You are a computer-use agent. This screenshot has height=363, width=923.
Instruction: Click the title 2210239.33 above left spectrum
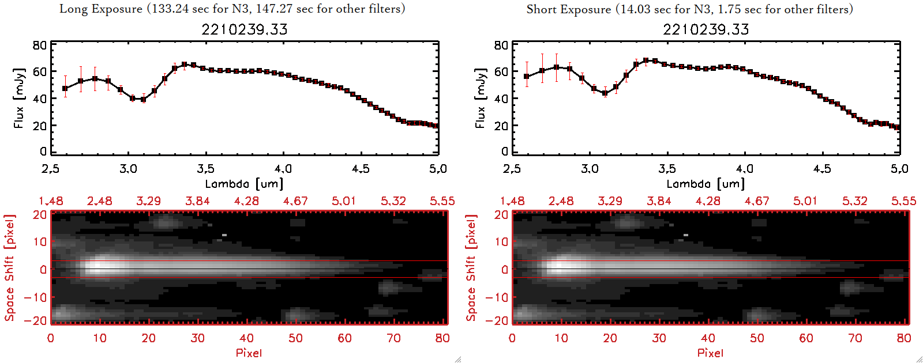(244, 29)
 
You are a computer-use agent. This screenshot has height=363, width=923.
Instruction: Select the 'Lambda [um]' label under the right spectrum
(706, 184)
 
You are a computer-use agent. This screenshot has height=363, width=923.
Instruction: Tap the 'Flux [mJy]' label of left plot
(18, 99)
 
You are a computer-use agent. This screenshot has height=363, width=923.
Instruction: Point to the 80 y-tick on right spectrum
(501, 46)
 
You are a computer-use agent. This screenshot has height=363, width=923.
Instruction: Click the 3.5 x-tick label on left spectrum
(205, 169)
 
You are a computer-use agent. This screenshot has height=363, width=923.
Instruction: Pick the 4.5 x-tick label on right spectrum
(822, 169)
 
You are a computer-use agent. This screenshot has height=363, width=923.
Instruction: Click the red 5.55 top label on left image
(442, 201)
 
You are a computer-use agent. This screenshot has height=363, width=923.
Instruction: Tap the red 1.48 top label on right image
(512, 201)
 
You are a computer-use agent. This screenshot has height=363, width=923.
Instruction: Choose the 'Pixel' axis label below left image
(249, 353)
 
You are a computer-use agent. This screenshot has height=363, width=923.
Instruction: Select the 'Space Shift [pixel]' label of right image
(471, 268)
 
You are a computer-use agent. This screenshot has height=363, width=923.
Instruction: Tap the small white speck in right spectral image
(686, 235)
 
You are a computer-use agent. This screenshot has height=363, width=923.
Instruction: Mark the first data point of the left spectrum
(65, 89)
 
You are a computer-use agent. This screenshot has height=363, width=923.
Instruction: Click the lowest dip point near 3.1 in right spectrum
(605, 93)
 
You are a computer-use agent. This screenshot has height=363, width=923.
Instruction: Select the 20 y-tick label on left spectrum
(39, 126)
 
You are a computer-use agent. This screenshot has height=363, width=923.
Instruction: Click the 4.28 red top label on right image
(708, 201)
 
